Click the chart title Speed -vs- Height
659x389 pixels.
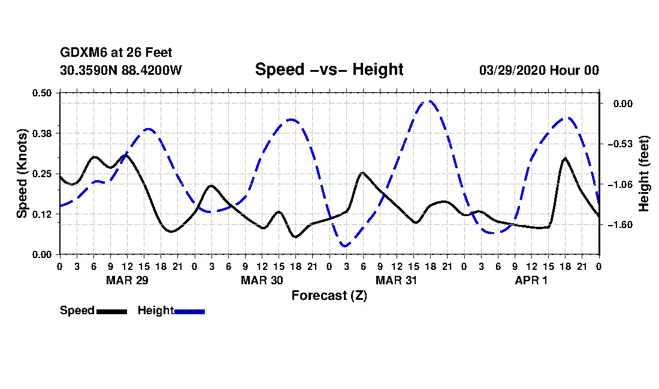click(x=329, y=69)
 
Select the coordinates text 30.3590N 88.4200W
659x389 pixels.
click(x=121, y=70)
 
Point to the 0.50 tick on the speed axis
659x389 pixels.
click(x=41, y=93)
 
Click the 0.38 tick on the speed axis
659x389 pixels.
click(x=41, y=133)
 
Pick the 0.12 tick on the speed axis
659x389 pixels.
click(x=41, y=214)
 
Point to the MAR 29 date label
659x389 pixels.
click(x=128, y=280)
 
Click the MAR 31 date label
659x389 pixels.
click(x=397, y=280)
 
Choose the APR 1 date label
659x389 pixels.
click(x=531, y=280)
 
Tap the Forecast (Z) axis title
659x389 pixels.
click(x=329, y=296)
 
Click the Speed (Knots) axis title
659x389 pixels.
click(x=22, y=174)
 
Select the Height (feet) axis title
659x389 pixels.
click(x=643, y=174)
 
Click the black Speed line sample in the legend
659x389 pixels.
click(x=112, y=312)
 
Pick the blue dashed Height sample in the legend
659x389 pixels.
click(x=189, y=312)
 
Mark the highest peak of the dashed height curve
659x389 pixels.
click(x=430, y=101)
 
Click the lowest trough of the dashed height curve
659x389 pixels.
click(x=346, y=246)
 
